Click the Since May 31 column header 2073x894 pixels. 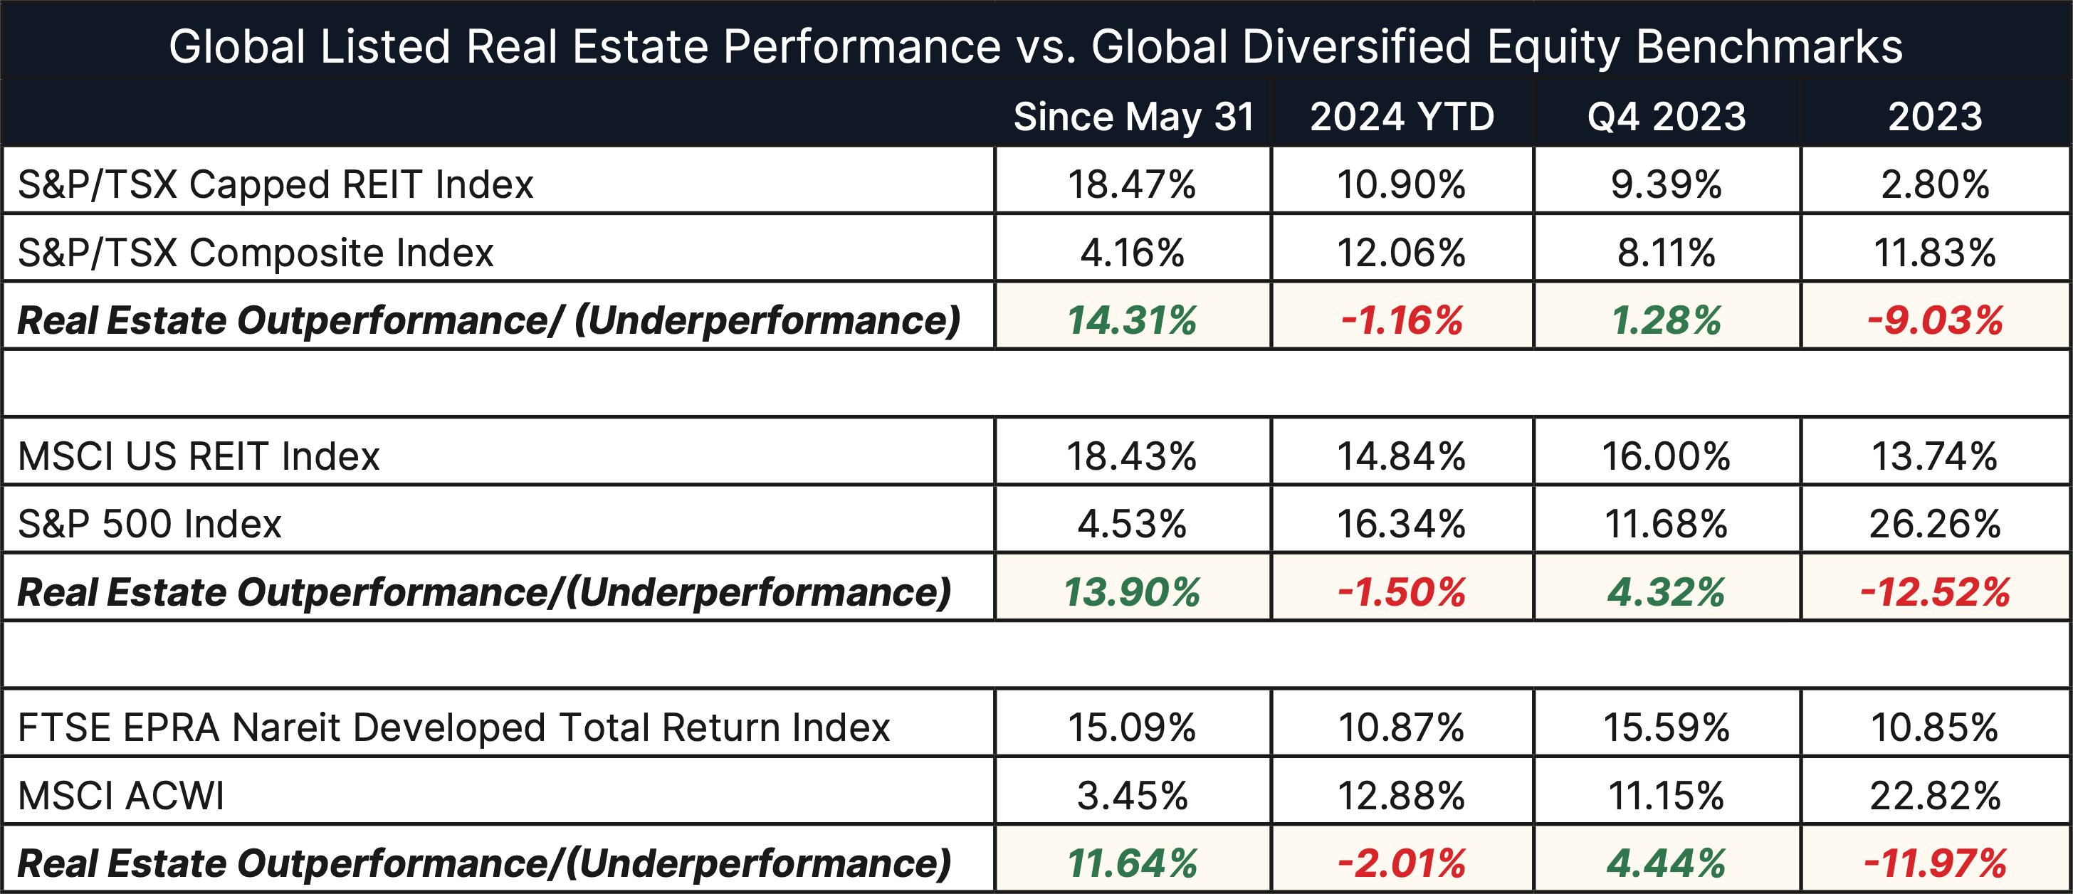tap(1133, 117)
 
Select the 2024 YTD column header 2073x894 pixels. tap(1402, 117)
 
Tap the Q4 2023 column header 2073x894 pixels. tap(1667, 117)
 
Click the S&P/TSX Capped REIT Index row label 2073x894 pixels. tap(275, 184)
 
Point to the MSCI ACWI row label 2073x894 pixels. tap(121, 795)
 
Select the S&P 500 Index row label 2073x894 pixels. tap(149, 524)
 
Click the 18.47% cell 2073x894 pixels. tap(1131, 184)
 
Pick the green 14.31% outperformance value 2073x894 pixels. tap(1131, 320)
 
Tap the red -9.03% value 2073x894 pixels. tap(1935, 320)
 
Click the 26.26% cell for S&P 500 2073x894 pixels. tap(1935, 524)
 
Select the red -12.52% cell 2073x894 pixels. tap(1935, 592)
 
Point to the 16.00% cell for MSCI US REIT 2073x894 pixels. tap(1666, 456)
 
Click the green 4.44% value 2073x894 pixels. tap(1666, 863)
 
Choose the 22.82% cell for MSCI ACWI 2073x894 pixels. tap(1935, 795)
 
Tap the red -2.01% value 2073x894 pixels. tap(1401, 863)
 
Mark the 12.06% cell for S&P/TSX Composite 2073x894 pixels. tap(1401, 253)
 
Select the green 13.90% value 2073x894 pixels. tap(1131, 592)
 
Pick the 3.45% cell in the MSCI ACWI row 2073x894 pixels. tap(1131, 795)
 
